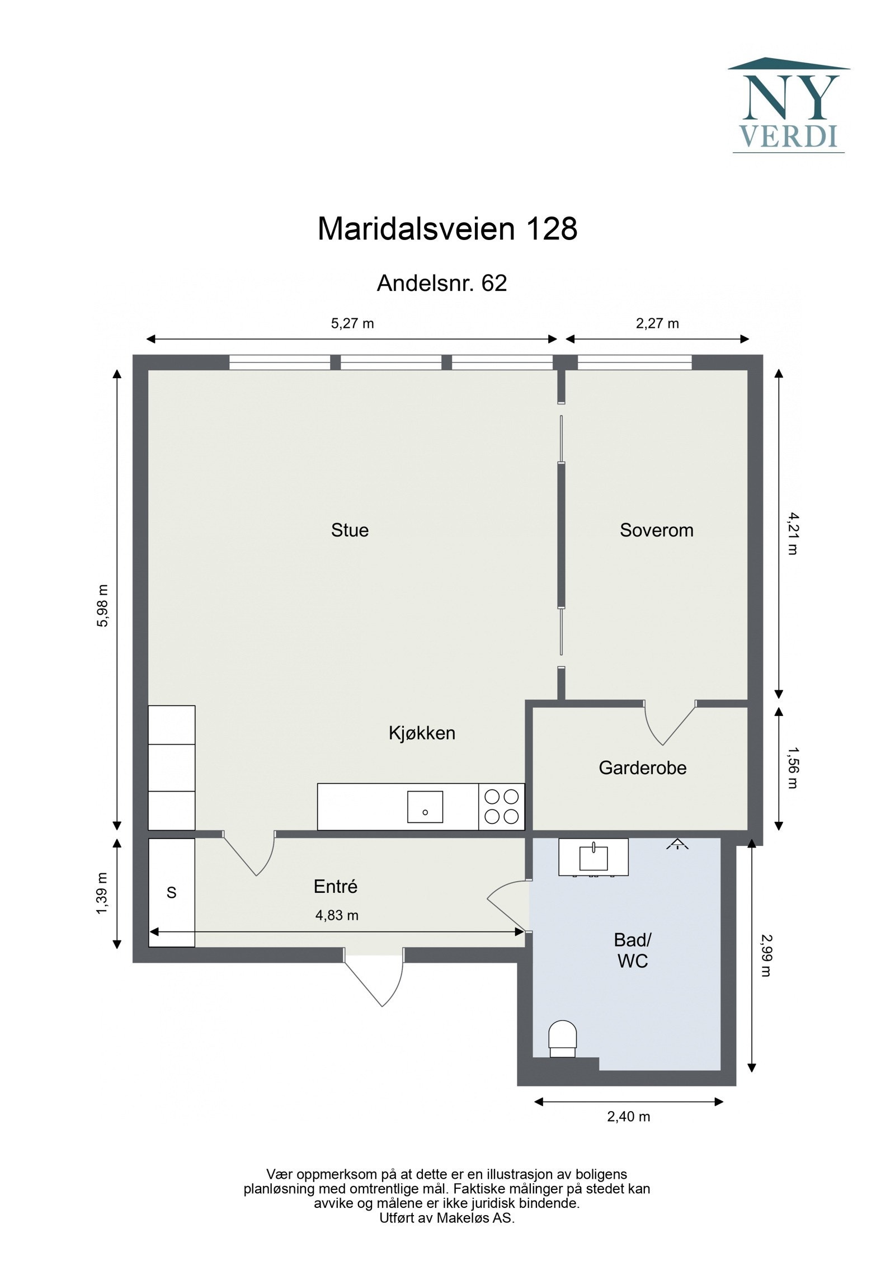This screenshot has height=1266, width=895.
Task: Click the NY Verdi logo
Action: click(x=788, y=105)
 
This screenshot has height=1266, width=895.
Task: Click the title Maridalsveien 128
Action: click(x=447, y=229)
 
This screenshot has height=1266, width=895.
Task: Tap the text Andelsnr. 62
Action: click(x=441, y=283)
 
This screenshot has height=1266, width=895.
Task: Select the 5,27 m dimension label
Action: click(x=352, y=323)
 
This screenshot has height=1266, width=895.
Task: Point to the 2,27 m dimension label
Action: click(x=657, y=323)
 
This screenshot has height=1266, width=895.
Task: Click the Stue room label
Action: click(x=350, y=530)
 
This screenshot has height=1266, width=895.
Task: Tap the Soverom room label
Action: click(x=656, y=530)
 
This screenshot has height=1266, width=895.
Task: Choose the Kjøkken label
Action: click(x=422, y=733)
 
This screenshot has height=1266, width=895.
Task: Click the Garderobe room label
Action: click(x=642, y=768)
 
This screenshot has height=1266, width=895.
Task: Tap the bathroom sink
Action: click(x=593, y=858)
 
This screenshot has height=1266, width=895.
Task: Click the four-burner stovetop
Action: click(x=501, y=806)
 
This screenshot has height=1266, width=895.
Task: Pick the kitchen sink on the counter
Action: click(x=425, y=807)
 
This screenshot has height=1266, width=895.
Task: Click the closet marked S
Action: click(x=172, y=892)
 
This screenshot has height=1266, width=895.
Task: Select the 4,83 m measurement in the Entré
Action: click(x=337, y=915)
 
